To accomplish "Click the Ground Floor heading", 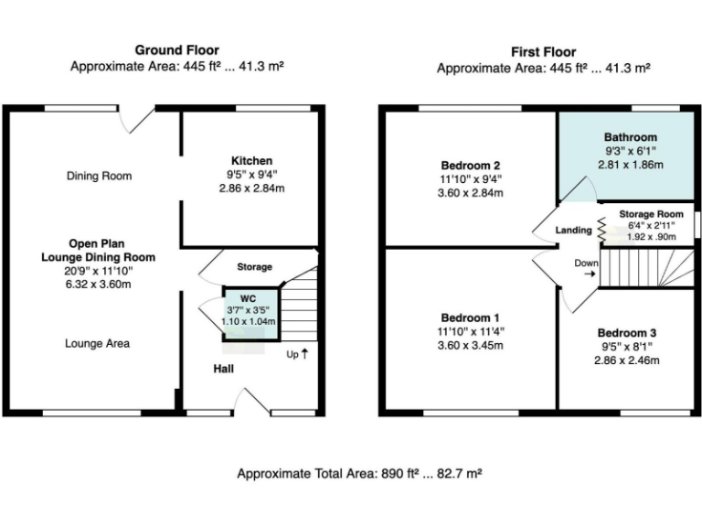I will pyautogui.click(x=176, y=49).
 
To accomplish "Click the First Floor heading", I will pyautogui.click(x=543, y=52).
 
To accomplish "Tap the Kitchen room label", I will pyautogui.click(x=251, y=160).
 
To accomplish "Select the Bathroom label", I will pyautogui.click(x=630, y=137).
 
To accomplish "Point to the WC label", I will pyautogui.click(x=249, y=299).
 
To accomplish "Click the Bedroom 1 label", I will pyautogui.click(x=471, y=317).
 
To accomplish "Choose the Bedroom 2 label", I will pyautogui.click(x=471, y=165).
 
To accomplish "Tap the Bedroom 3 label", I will pyautogui.click(x=627, y=333).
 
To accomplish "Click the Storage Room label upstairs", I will pyautogui.click(x=651, y=214).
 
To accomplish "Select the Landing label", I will pyautogui.click(x=574, y=231).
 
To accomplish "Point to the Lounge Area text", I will pyautogui.click(x=97, y=344).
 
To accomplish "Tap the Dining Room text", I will pyautogui.click(x=99, y=176).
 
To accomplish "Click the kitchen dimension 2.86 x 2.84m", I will pyautogui.click(x=251, y=188).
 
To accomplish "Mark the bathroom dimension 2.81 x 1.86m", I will pyautogui.click(x=630, y=165).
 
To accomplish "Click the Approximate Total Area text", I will pyautogui.click(x=359, y=474).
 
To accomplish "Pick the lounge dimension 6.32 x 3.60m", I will pyautogui.click(x=98, y=284).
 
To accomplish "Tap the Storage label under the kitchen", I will pyautogui.click(x=254, y=267).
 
